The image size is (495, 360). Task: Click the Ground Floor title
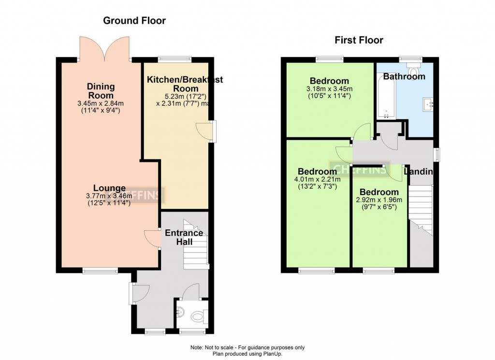tap(134, 21)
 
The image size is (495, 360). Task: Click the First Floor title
tap(359, 40)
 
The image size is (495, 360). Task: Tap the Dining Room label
tap(101, 91)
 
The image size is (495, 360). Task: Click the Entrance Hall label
tap(184, 237)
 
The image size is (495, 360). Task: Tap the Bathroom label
tap(404, 76)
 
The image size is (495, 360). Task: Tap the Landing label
tap(418, 172)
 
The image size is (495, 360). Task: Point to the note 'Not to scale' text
tap(247, 347)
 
